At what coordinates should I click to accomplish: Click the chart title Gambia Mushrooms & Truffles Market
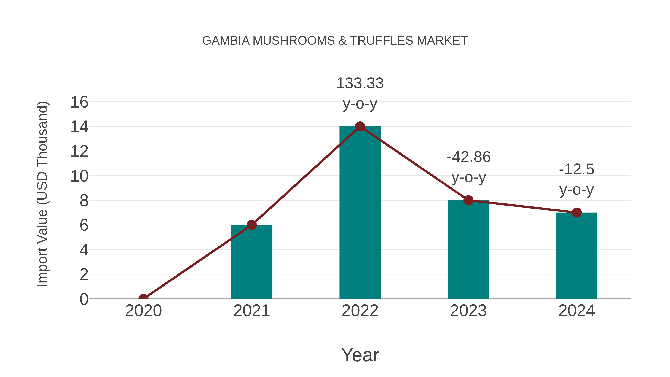[x=335, y=41]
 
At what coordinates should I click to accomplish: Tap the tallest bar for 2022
[x=360, y=213]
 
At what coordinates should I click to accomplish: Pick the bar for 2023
[x=468, y=250]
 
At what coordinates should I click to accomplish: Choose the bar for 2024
[x=577, y=256]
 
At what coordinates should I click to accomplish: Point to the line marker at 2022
[x=360, y=126]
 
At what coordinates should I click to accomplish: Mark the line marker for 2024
[x=577, y=213]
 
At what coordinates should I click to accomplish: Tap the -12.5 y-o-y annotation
[x=577, y=179]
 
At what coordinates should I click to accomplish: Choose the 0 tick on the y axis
[x=84, y=299]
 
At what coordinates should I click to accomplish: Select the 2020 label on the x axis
[x=143, y=311]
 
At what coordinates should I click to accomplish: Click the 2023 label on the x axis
[x=468, y=311]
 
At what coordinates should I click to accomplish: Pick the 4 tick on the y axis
[x=84, y=250]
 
